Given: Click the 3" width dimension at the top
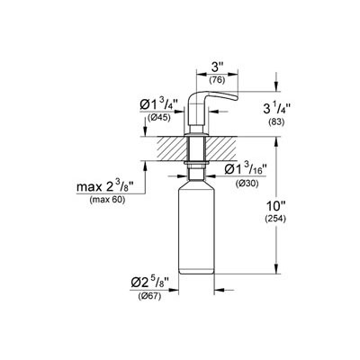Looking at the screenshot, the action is pos(215,67).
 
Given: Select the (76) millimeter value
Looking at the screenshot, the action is pos(217,80).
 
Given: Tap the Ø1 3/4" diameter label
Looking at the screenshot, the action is pos(159,105).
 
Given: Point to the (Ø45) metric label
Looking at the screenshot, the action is pos(159,118).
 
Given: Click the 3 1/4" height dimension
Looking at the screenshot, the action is pos(277,109).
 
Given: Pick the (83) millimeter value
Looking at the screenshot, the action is pos(276,122).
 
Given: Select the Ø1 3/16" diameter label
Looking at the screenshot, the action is pos(246,169).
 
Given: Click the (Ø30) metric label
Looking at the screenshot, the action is pos(247,184).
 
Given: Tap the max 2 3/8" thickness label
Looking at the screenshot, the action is pos(105,187).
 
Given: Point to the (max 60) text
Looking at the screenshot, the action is pos(107,200).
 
